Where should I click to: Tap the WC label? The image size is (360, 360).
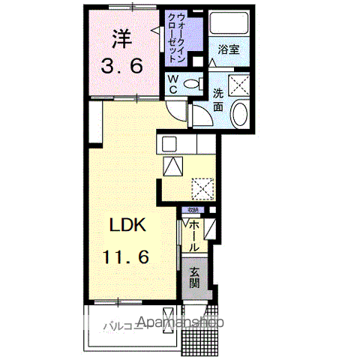pos(172,85)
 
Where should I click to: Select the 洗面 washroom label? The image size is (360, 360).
pos(217,101)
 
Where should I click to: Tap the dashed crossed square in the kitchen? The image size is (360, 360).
pos(202,185)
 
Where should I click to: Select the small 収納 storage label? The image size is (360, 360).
pos(193,210)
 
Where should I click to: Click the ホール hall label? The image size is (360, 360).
pos(193,235)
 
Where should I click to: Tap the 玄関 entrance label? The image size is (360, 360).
pos(194,277)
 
